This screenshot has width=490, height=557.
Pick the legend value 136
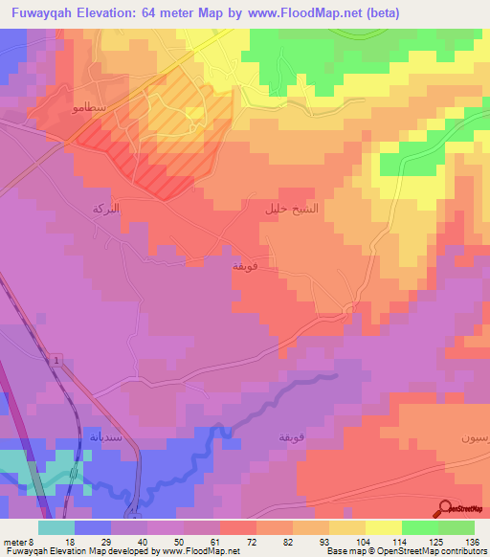tap(469, 540)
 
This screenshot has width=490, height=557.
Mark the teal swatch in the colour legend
tap(56, 527)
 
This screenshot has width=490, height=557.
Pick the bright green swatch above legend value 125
tap(420, 527)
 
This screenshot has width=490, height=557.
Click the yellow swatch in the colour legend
tap(384, 527)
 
